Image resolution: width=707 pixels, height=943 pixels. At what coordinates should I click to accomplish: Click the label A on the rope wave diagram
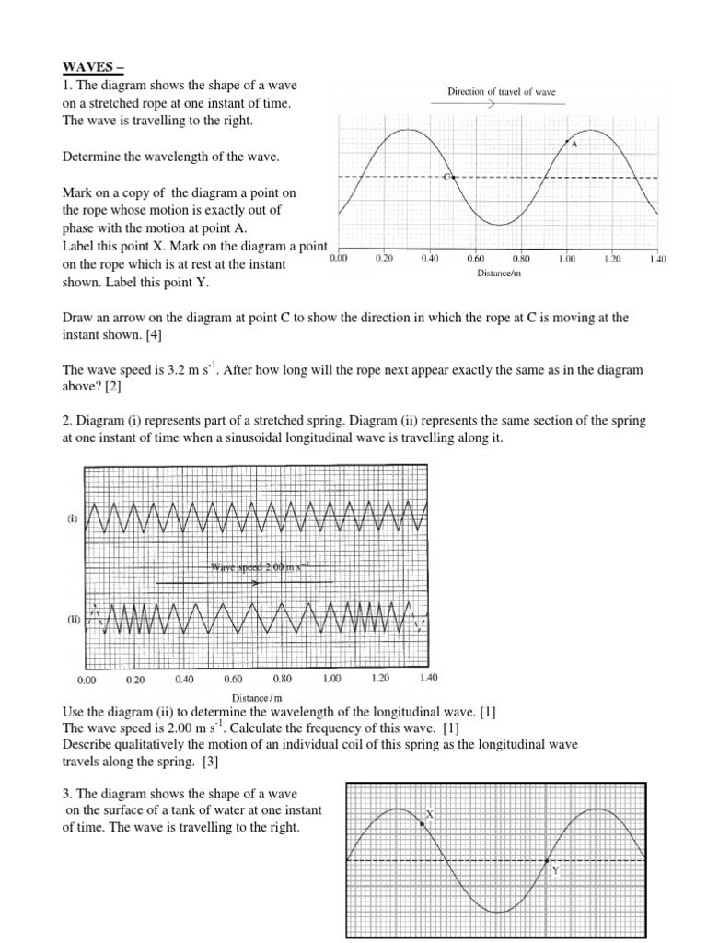[x=574, y=145]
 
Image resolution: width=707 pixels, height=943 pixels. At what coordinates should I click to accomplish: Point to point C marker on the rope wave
[x=448, y=177]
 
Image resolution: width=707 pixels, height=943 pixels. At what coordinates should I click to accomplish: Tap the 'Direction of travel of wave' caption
[x=501, y=92]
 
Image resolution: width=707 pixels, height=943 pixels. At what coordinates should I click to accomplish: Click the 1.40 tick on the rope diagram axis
[x=656, y=260]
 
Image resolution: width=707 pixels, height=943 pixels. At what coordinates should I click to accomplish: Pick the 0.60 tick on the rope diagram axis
[x=475, y=260]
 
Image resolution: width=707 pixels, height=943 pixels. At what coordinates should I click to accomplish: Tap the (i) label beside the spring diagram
[x=70, y=519]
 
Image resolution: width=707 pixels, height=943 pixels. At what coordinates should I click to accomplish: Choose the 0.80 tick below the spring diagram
[x=283, y=679]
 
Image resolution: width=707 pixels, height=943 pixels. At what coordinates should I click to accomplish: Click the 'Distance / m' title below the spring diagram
[x=257, y=697]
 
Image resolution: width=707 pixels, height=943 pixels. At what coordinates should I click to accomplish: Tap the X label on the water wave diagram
[x=429, y=815]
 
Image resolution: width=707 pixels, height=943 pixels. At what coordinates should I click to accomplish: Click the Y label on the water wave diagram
[x=555, y=869]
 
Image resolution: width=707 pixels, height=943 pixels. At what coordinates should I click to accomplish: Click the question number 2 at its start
[x=65, y=421]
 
